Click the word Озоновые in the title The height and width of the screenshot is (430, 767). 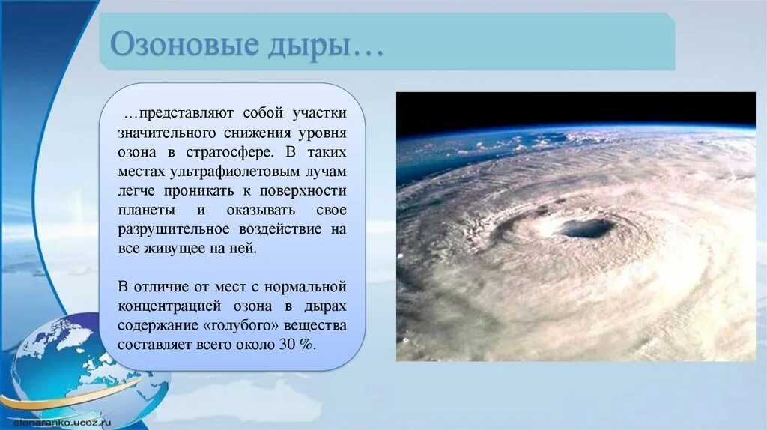(x=184, y=44)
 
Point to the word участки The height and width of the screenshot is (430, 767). (x=319, y=113)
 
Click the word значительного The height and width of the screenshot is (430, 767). (x=166, y=133)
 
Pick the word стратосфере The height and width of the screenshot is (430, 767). (x=230, y=152)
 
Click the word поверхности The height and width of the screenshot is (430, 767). (x=303, y=191)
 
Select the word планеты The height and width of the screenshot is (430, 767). (x=146, y=211)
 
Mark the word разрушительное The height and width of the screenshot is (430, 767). (x=174, y=229)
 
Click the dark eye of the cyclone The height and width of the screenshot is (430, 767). (x=586, y=228)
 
